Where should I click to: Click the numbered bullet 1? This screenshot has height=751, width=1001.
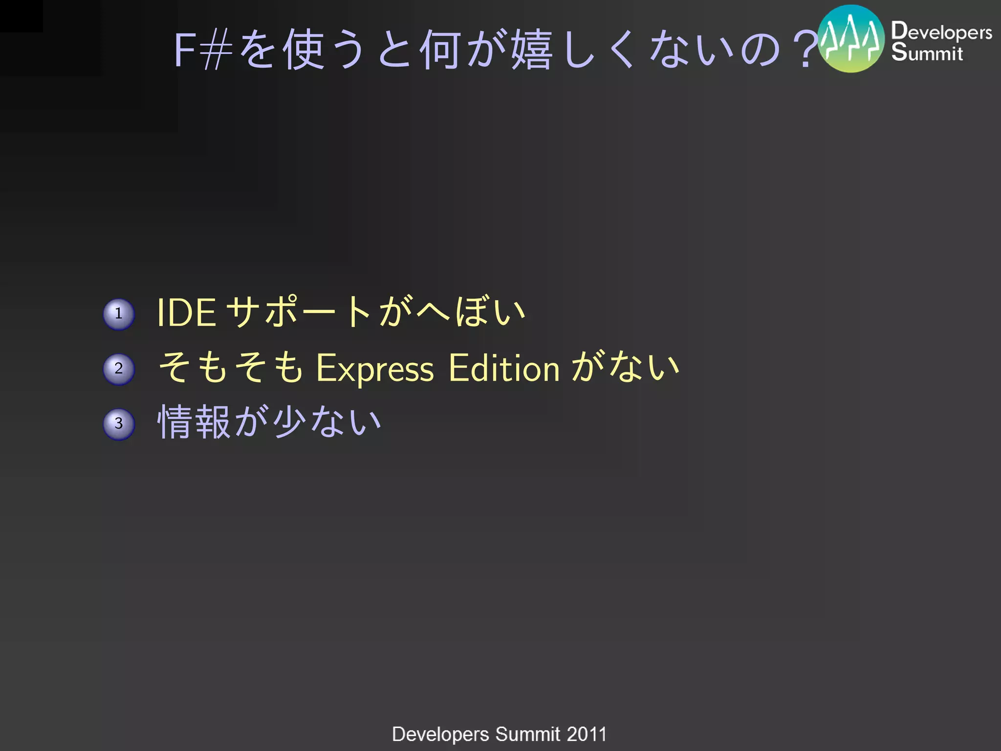pos(119,314)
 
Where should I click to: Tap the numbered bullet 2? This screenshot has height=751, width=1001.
pos(119,369)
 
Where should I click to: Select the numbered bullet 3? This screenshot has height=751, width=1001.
pos(119,424)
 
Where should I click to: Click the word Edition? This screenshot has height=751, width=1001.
pos(504,368)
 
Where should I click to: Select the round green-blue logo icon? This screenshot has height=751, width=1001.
pos(851,39)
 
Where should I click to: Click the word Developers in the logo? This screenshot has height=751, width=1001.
pos(941,31)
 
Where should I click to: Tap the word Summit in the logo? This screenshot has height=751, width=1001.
pos(927,53)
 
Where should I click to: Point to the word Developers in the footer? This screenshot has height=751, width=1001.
pos(440,734)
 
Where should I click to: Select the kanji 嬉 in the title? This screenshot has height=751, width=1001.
pos(532,50)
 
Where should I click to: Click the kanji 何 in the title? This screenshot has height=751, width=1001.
pos(440,50)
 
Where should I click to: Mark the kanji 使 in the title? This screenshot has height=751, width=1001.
pos(304,50)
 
